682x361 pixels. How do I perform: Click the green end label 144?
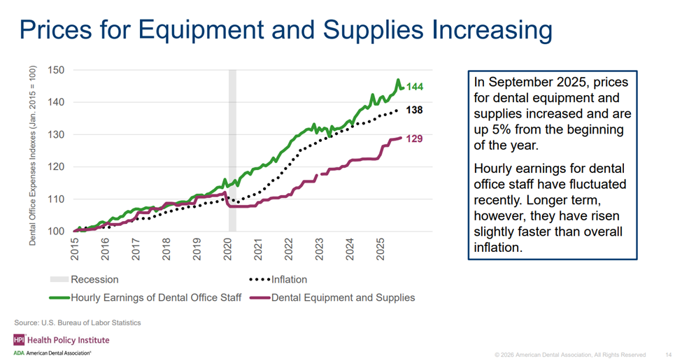[x=415, y=87]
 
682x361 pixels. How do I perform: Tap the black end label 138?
[x=415, y=110]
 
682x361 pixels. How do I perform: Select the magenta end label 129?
[x=415, y=139]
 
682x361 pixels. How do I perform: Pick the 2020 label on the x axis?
[x=228, y=252]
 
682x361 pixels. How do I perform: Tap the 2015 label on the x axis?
[x=74, y=252]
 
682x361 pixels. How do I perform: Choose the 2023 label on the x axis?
[x=320, y=252]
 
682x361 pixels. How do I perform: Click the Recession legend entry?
[x=94, y=280]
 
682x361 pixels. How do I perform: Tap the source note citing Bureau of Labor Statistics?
[x=78, y=323]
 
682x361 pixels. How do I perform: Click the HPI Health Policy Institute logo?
[x=60, y=340]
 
